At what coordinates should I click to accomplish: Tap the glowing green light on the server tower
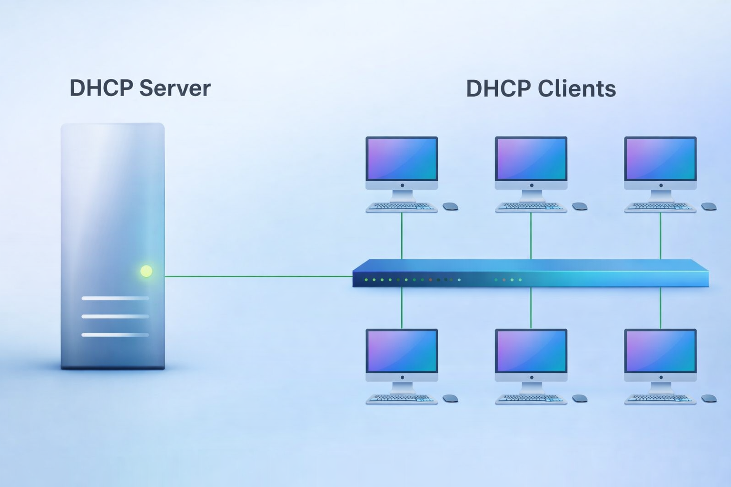click(x=147, y=271)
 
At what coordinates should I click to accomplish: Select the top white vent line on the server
click(x=115, y=298)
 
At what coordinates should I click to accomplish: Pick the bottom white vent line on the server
click(x=115, y=335)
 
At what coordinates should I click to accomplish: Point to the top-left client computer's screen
click(x=402, y=159)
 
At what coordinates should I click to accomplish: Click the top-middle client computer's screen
click(x=531, y=159)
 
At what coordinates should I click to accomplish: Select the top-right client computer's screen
click(x=661, y=159)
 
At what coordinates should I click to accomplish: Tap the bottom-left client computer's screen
click(x=402, y=351)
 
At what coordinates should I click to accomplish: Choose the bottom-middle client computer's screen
click(x=531, y=351)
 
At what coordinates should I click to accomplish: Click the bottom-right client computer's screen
click(x=661, y=351)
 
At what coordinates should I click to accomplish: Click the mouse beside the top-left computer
click(x=450, y=206)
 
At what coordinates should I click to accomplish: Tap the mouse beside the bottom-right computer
click(x=709, y=399)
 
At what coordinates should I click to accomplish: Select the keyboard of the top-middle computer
click(x=531, y=207)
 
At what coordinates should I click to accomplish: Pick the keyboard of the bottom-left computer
click(x=402, y=399)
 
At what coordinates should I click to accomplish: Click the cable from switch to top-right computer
click(x=661, y=236)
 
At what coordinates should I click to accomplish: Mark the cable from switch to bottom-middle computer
click(x=531, y=308)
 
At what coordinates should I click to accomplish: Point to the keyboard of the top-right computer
click(x=661, y=207)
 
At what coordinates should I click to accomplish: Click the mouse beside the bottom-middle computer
click(x=580, y=399)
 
